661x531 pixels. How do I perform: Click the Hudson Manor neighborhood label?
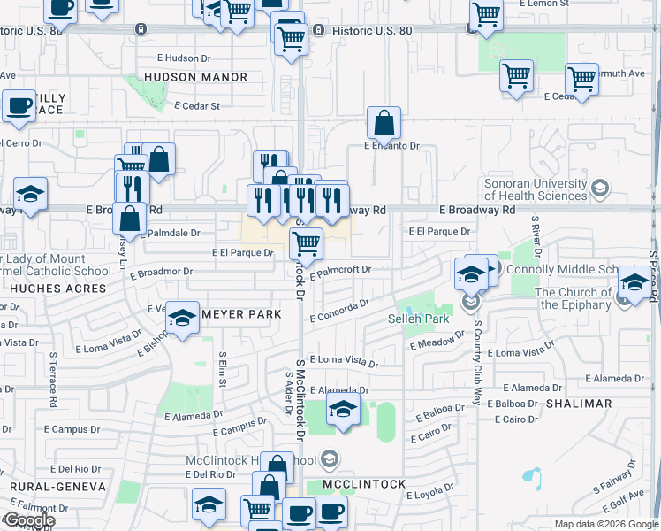(196, 77)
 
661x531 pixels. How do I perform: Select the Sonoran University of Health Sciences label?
(536, 189)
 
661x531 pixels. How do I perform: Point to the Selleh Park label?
(419, 319)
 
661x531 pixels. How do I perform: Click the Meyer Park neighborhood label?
(241, 314)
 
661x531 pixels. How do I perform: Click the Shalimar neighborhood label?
(580, 404)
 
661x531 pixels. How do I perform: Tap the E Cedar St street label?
(197, 106)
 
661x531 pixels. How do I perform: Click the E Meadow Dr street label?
(437, 341)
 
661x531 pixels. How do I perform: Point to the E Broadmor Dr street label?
(164, 272)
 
